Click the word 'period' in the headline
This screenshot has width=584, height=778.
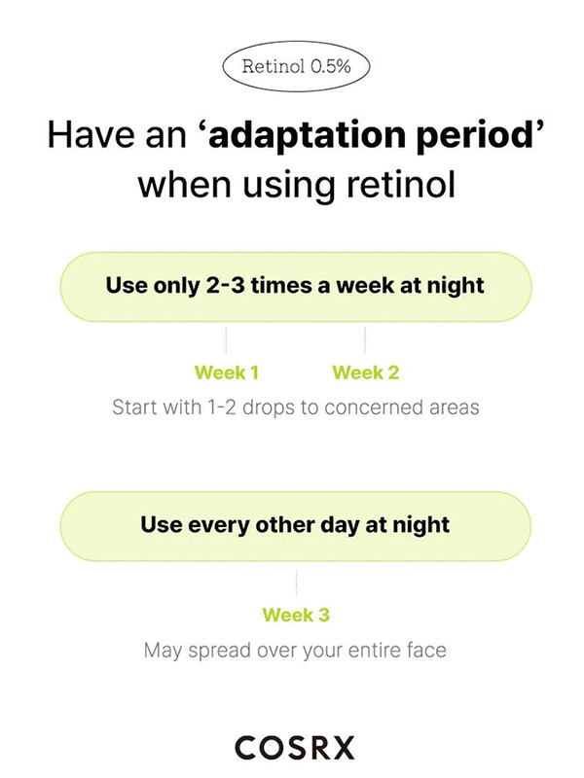473,136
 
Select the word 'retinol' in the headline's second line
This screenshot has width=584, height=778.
401,185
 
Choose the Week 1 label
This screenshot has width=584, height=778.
227,372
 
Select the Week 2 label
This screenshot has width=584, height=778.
366,372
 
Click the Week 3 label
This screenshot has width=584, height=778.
296,616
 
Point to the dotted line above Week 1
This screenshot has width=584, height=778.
226,339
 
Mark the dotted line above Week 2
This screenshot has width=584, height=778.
365,339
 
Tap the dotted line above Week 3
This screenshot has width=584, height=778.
297,583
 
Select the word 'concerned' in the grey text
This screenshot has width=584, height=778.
371,407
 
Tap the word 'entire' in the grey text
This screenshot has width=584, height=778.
373,650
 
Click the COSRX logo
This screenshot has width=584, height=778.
295,747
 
